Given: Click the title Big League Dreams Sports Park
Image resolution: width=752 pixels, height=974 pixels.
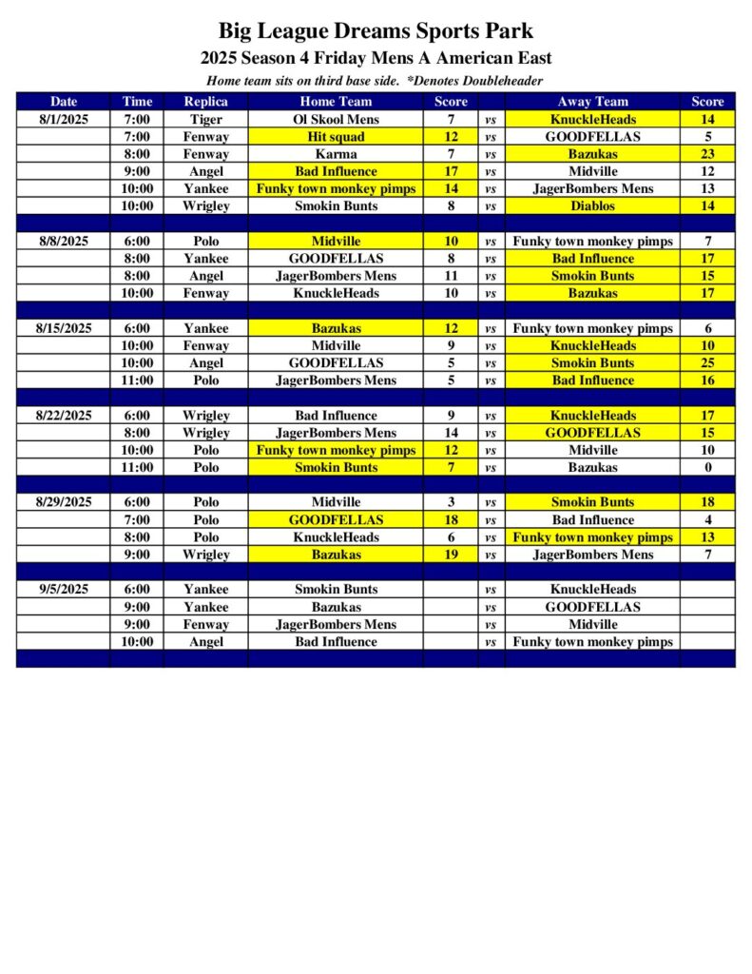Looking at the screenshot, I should (376, 31).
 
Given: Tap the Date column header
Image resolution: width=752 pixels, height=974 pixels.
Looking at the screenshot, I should (64, 102).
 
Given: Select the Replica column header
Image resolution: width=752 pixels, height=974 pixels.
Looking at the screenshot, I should (205, 102).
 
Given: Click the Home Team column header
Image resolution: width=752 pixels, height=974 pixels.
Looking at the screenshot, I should (336, 102).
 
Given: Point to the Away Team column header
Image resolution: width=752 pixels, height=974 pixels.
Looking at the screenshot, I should (592, 102).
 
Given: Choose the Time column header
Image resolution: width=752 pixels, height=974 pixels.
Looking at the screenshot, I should (137, 102).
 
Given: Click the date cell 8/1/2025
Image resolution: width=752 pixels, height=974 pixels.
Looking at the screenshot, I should (64, 120).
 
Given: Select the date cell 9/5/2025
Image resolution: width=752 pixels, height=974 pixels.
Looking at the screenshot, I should (64, 590).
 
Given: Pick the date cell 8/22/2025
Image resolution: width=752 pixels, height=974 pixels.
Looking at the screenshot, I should (64, 416).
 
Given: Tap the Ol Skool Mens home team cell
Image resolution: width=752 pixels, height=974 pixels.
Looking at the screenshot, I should (336, 120).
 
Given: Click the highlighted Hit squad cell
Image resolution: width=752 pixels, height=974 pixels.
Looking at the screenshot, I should (336, 137).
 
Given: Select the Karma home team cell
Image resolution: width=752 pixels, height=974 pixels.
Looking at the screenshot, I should (336, 154).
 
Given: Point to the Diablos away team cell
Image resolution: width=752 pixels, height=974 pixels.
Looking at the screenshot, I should (592, 206).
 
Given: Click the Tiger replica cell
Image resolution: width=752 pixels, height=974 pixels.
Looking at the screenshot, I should (205, 120).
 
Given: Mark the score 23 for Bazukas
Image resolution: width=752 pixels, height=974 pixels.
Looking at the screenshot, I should (707, 154).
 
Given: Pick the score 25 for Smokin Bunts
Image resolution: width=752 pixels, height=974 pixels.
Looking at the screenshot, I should (707, 363).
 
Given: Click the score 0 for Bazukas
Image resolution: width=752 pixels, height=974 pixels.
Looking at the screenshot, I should (707, 468).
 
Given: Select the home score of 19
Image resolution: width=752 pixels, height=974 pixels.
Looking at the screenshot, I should (451, 555).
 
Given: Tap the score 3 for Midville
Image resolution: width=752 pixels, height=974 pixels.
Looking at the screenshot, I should (451, 502).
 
